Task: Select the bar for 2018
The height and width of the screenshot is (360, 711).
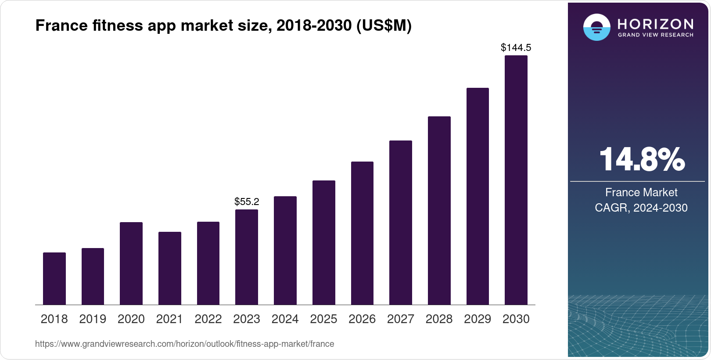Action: click(x=54, y=278)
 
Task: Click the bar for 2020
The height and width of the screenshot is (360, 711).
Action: click(x=131, y=263)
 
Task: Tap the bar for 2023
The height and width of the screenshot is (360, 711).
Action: click(x=247, y=257)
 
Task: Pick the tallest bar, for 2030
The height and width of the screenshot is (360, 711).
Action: click(x=516, y=180)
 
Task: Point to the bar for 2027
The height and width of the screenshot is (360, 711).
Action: click(x=401, y=223)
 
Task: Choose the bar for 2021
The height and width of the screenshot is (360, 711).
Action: click(x=170, y=268)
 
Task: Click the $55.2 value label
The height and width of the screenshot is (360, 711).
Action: click(x=247, y=202)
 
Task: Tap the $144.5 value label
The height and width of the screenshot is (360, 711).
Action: click(x=516, y=47)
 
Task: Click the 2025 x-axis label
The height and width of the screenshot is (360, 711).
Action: click(x=323, y=319)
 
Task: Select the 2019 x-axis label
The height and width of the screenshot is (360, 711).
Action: click(x=93, y=319)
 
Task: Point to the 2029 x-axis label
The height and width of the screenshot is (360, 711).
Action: click(x=478, y=319)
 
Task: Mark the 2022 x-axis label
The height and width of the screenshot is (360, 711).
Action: click(x=208, y=319)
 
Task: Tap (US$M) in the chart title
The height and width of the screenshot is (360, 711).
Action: click(x=384, y=25)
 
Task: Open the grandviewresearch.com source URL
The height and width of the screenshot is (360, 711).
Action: click(x=184, y=344)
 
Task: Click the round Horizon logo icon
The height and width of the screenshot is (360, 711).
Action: click(x=596, y=27)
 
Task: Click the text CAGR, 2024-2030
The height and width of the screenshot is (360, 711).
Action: click(x=641, y=208)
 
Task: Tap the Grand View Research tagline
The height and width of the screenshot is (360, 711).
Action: click(x=655, y=35)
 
